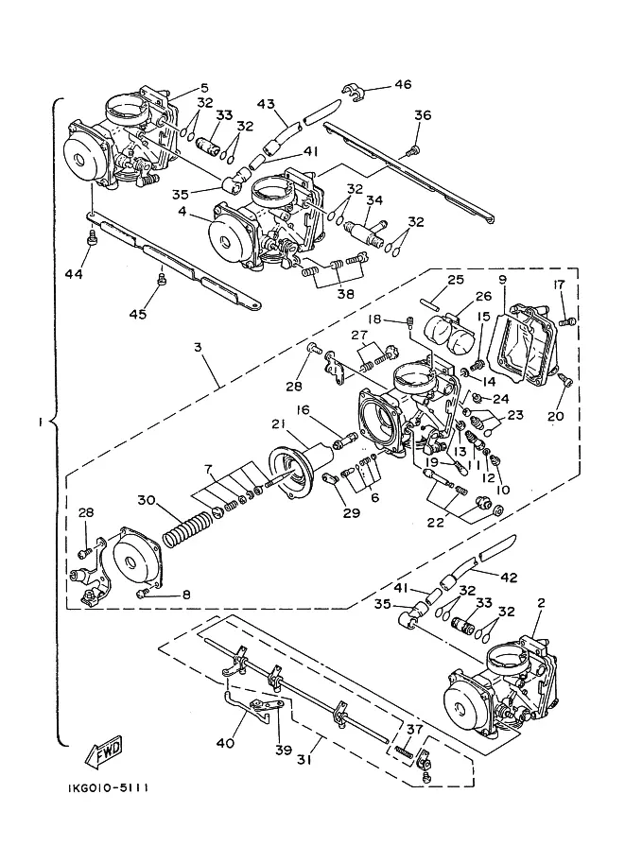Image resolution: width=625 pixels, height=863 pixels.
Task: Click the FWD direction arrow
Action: pos(103,751)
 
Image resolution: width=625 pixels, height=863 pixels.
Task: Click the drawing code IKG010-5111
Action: pos(108,788)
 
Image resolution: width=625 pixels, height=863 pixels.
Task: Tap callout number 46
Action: pos(403,84)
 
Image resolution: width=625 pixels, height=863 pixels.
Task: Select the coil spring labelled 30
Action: pos(187,529)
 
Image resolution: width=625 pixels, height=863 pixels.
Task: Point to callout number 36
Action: pos(423,115)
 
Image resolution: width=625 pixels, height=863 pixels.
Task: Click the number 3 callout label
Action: pos(198,347)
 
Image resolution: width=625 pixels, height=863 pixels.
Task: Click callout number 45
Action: pos(138,314)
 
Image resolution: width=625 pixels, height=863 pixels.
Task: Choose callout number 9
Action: pos(502,280)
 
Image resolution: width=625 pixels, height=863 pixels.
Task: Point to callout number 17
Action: pos(559,285)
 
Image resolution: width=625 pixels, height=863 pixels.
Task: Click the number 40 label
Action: pos(225,743)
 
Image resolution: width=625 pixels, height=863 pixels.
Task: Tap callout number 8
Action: pos(186,594)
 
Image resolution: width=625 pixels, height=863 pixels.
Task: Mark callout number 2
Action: pos(541,603)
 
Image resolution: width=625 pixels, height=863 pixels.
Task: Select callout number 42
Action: pos(509,578)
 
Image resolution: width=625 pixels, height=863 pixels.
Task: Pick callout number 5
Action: pos(204,88)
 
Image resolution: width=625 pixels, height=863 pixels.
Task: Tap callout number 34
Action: pos(374,200)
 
